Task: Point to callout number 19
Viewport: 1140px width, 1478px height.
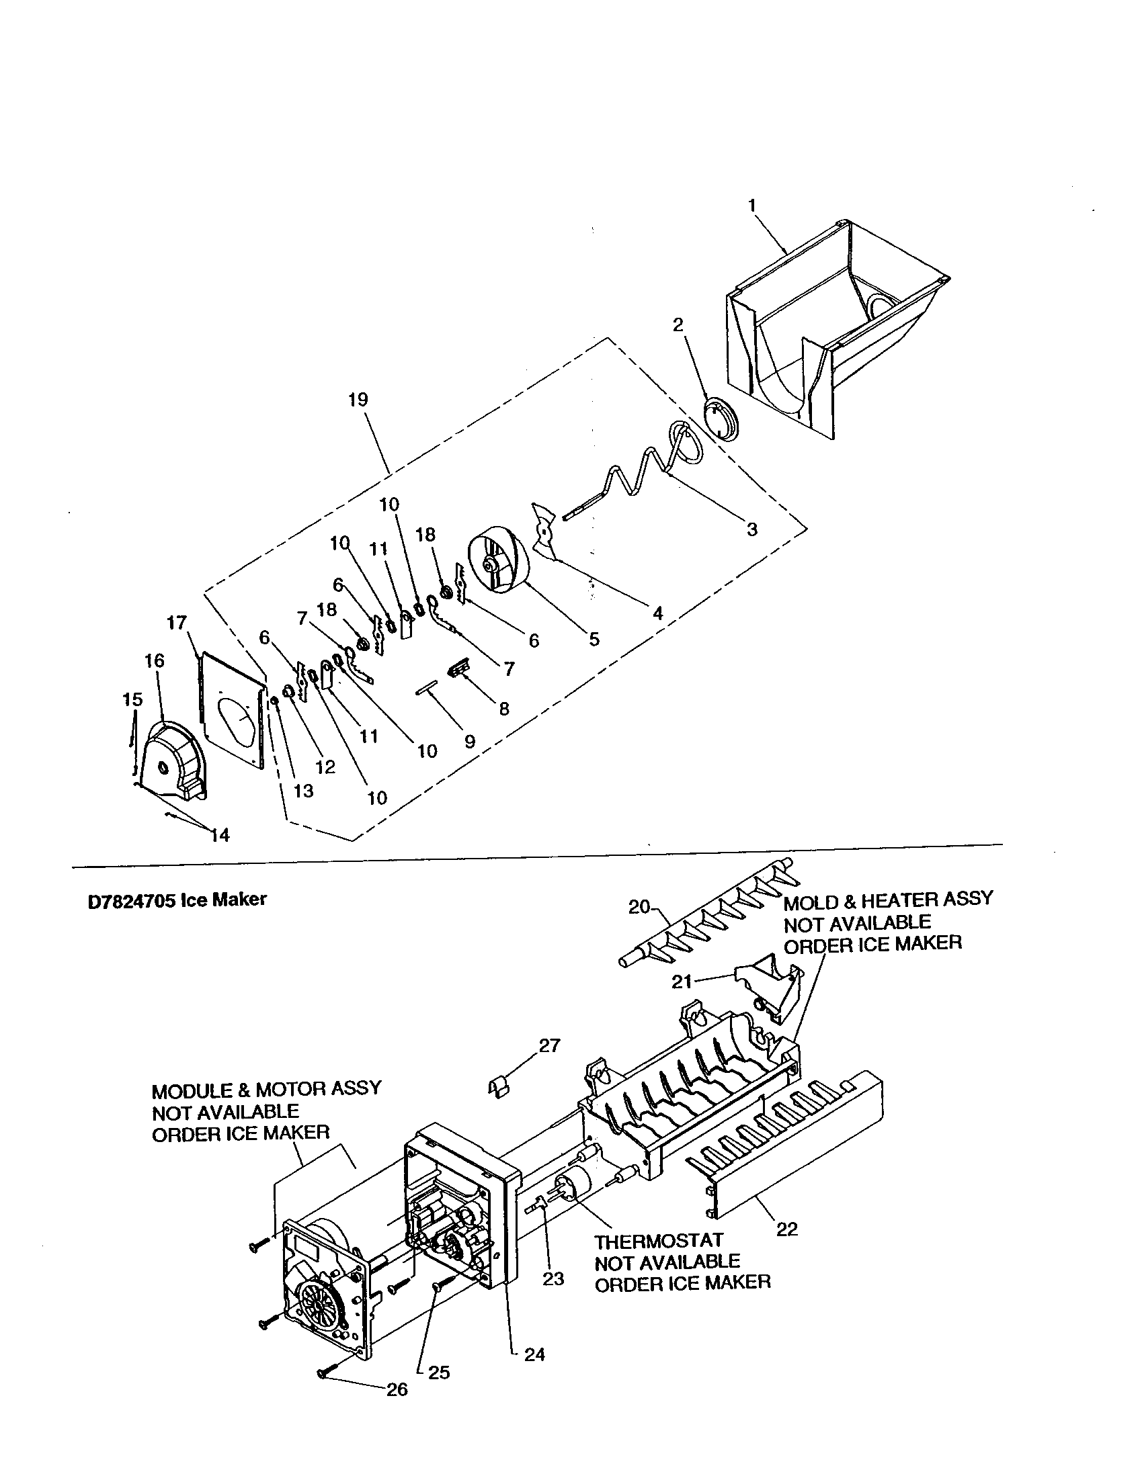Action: [x=358, y=400]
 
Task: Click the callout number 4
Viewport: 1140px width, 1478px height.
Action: [x=657, y=613]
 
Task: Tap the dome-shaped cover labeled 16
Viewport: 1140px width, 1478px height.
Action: [x=169, y=756]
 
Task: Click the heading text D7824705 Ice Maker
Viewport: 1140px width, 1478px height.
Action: [x=177, y=900]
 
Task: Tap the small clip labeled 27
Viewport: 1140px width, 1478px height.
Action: [x=499, y=1086]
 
